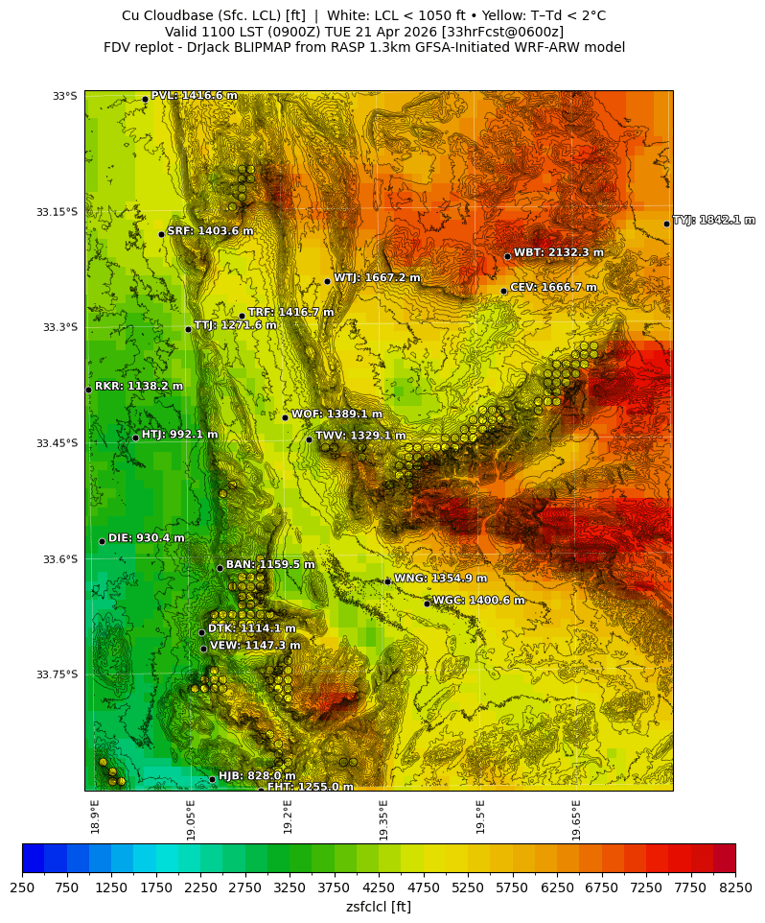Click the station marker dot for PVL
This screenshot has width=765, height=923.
pos(145,99)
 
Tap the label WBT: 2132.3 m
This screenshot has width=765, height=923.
pos(558,253)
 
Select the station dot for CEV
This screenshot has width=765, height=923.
pos(503,291)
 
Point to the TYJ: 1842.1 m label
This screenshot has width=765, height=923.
pos(713,221)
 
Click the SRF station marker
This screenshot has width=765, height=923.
pos(161,234)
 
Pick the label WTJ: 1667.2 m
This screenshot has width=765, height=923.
pos(377,278)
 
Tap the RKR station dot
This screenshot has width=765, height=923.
pos(88,390)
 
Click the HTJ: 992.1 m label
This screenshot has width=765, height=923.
pos(179,435)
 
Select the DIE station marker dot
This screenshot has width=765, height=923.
pos(102,541)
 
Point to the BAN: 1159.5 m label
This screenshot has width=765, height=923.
pos(270,565)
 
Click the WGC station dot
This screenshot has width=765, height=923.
pos(427,603)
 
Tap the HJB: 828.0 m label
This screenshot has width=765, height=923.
pos(257,776)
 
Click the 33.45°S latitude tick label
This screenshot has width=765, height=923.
pos(57,443)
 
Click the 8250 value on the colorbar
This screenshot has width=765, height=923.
pos(735,887)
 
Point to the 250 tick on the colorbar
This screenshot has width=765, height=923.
pos(23,887)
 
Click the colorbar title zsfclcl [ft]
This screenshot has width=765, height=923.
pos(379,907)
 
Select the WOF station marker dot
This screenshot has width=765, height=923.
pos(285,417)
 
